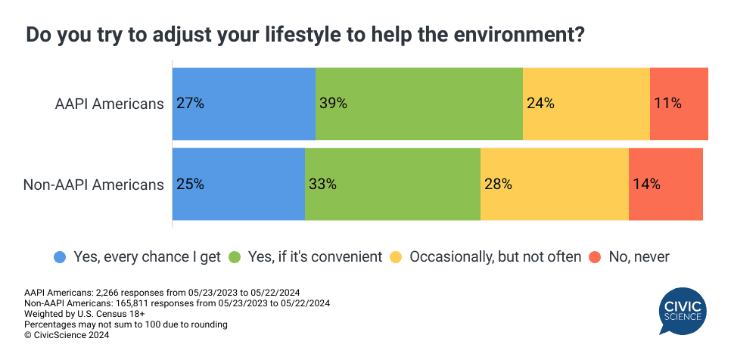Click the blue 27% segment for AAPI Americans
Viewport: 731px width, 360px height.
pyautogui.click(x=244, y=104)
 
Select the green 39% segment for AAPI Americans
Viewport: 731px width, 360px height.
pyautogui.click(x=419, y=104)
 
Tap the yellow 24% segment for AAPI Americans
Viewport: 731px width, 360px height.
pyautogui.click(x=586, y=104)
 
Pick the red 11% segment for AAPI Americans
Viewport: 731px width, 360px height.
pyautogui.click(x=679, y=104)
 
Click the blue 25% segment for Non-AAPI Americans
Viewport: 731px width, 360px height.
pyautogui.click(x=238, y=184)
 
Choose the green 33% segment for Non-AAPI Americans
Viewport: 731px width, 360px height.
pyautogui.click(x=393, y=184)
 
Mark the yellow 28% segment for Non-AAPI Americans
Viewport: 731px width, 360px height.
pyautogui.click(x=555, y=184)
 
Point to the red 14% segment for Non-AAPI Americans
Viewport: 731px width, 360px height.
pyautogui.click(x=666, y=184)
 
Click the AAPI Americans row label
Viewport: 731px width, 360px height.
pyautogui.click(x=110, y=104)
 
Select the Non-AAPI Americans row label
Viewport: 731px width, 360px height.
pyautogui.click(x=94, y=184)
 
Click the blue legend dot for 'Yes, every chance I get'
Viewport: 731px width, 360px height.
pyautogui.click(x=60, y=257)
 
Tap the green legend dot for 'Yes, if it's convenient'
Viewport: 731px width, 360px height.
pyautogui.click(x=235, y=257)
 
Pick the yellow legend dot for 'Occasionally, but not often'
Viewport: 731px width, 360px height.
pyautogui.click(x=396, y=257)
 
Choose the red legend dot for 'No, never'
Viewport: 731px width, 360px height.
pyautogui.click(x=596, y=257)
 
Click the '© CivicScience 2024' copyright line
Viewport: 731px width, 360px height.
pyautogui.click(x=67, y=335)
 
